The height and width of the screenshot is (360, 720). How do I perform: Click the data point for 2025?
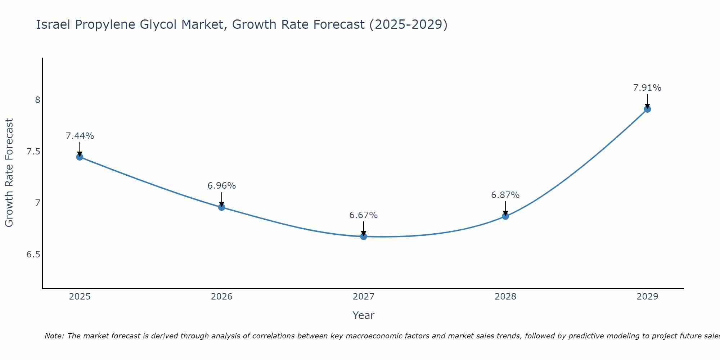pos(80,157)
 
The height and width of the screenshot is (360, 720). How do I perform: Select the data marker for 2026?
pos(221,207)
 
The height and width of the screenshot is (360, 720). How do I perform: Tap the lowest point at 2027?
pos(363,237)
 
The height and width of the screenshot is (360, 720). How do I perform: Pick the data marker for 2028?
pos(505,216)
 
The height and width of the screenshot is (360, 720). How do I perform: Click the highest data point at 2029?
pos(647,109)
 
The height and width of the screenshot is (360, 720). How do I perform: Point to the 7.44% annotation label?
pos(80,136)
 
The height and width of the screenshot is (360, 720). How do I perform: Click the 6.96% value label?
pos(221,186)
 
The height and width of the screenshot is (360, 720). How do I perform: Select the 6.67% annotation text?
pos(363,215)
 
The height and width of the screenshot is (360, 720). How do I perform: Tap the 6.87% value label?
pos(505,195)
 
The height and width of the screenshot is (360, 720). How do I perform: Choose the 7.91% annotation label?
pos(647,88)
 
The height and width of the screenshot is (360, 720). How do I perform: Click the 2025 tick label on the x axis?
pos(80,297)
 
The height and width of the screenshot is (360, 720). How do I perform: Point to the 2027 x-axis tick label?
pos(363,297)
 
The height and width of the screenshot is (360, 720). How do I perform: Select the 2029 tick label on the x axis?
pos(647,297)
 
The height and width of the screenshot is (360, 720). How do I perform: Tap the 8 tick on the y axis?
pos(37,100)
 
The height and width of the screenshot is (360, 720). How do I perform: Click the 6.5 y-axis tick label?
pos(33,255)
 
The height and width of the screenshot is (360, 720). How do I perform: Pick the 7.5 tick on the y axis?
pos(33,152)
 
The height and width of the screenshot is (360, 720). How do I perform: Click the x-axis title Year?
pos(363,315)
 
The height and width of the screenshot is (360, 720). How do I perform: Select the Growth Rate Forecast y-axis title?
pos(9,173)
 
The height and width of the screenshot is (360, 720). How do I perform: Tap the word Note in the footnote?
pos(54,336)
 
